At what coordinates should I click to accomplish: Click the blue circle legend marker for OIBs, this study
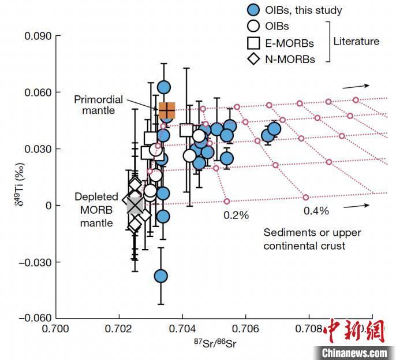tap(252, 9)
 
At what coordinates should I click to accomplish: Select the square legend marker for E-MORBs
tap(252, 42)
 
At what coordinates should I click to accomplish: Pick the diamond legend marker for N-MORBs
tap(252, 58)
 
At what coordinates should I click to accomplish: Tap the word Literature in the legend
tap(356, 41)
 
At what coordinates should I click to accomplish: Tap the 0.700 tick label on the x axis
tap(57, 330)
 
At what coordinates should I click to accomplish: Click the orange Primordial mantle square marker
tap(167, 110)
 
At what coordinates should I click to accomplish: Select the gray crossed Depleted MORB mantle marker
tap(135, 205)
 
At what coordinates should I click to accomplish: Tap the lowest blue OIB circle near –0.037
tap(161, 276)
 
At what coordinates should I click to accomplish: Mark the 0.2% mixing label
tap(237, 216)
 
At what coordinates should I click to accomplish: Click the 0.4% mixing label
tap(316, 211)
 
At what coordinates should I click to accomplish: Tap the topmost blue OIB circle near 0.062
tap(164, 87)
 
